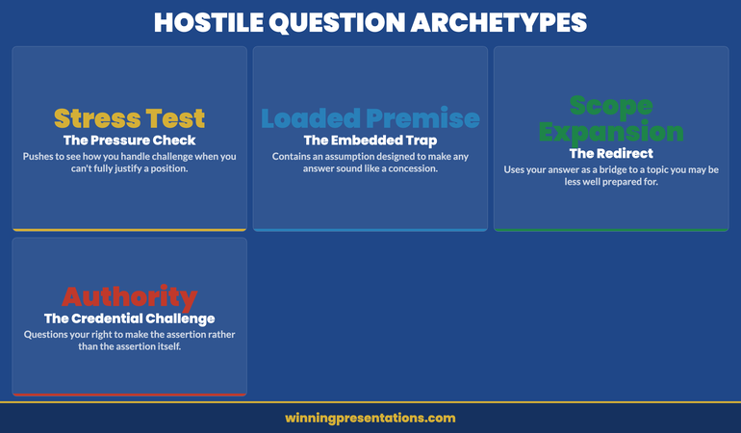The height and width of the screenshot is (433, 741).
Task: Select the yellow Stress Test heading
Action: click(129, 118)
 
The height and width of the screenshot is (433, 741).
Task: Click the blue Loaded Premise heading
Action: click(370, 118)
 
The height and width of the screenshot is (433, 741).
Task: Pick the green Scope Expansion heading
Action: click(611, 118)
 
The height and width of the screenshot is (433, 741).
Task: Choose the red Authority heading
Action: click(129, 296)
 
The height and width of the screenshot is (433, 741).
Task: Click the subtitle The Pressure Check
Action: click(129, 140)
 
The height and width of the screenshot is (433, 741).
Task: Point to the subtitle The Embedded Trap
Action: click(370, 140)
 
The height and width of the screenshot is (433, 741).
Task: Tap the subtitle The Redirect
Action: click(611, 153)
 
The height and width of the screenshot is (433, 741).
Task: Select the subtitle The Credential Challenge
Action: click(129, 318)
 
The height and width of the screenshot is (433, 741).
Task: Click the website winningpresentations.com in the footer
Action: click(370, 419)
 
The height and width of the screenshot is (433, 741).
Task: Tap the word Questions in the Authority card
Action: click(49, 334)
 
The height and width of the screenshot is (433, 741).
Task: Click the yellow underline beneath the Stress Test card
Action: click(129, 230)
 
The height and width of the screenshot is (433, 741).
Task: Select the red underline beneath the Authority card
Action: click(129, 395)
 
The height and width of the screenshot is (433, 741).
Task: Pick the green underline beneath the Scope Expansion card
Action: click(611, 230)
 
